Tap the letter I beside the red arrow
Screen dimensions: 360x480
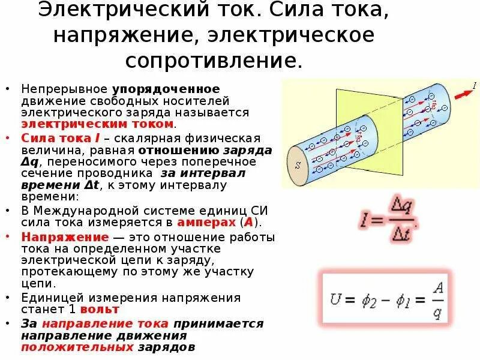[474, 86]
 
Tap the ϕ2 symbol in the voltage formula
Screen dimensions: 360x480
[370, 299]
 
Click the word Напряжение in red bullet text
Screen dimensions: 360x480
[56, 236]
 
